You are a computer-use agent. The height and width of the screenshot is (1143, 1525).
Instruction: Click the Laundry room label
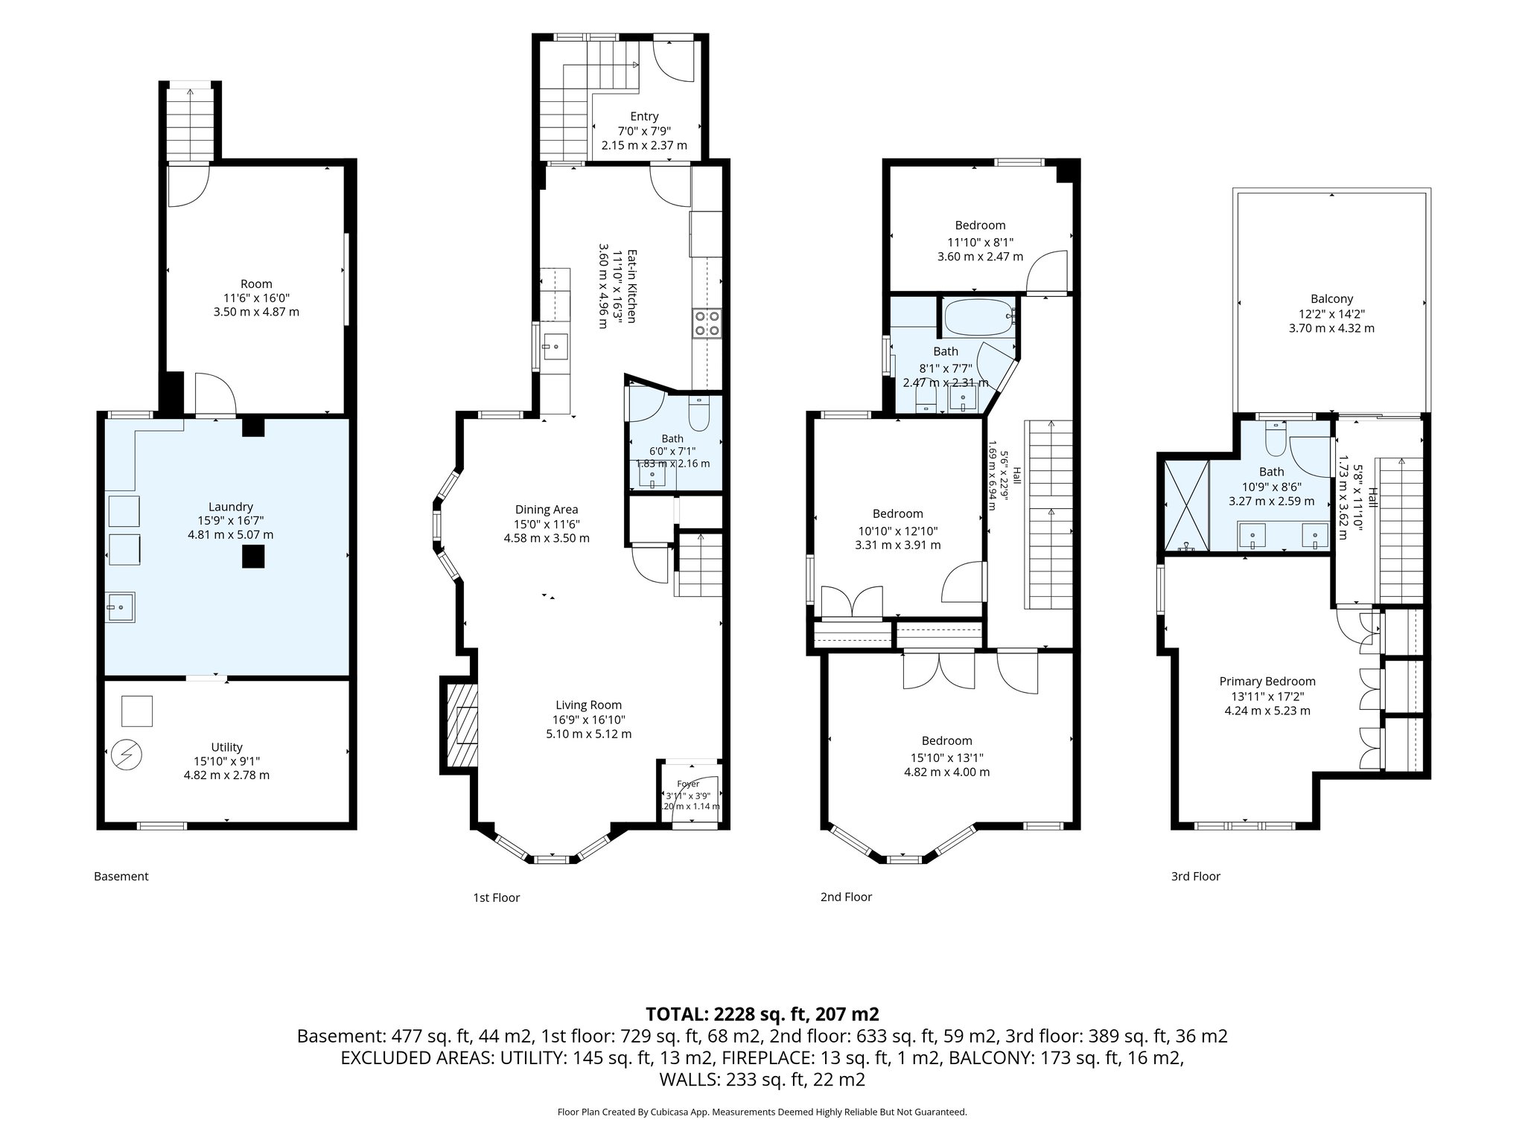coord(231,507)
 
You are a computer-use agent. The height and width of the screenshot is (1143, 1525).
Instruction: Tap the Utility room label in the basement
coord(226,747)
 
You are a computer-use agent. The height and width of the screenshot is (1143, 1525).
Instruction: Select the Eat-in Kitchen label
coord(631,286)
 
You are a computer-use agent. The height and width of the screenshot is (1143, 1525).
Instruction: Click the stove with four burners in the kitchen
coord(707,323)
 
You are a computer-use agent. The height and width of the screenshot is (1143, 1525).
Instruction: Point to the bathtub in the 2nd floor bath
coord(978,318)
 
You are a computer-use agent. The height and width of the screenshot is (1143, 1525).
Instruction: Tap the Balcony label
coord(1331,299)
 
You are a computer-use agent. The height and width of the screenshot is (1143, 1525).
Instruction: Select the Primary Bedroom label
coord(1267,681)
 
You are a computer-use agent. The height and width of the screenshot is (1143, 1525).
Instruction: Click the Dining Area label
coord(547,510)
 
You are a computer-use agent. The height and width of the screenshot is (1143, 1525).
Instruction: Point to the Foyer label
coord(688,784)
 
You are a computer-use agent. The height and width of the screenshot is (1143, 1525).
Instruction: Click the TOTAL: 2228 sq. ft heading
coord(762,1014)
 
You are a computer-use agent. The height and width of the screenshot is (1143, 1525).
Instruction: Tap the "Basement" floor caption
coord(121,876)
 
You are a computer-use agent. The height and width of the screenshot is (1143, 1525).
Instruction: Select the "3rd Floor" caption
coord(1196,876)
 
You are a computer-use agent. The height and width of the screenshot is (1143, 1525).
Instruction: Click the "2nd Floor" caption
coord(846,897)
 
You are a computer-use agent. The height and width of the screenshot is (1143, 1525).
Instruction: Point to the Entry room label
coord(644,116)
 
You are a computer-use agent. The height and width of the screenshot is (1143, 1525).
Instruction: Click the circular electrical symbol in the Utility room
coord(126,755)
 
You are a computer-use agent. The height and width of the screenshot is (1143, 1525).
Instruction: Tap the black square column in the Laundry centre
coord(254,557)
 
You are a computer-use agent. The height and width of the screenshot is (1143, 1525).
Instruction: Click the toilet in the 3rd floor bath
coord(1275,439)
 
